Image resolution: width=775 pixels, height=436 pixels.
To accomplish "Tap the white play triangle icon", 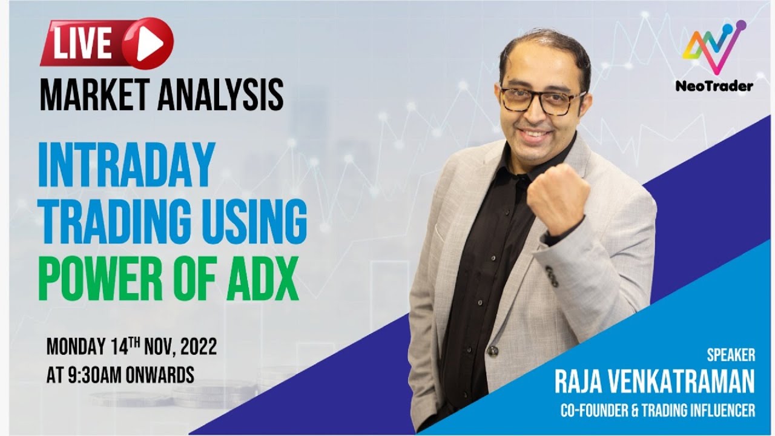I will click(149, 44).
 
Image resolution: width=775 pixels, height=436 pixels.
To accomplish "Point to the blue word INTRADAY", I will click(127, 164).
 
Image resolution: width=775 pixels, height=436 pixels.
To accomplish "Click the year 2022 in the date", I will click(195, 349).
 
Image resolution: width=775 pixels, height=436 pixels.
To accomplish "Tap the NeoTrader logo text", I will click(714, 86).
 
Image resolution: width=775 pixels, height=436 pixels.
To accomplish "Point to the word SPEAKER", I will click(731, 354).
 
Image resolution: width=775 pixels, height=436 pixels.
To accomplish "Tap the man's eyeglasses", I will click(542, 100).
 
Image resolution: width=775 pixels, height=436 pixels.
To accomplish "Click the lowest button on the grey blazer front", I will click(493, 351).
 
